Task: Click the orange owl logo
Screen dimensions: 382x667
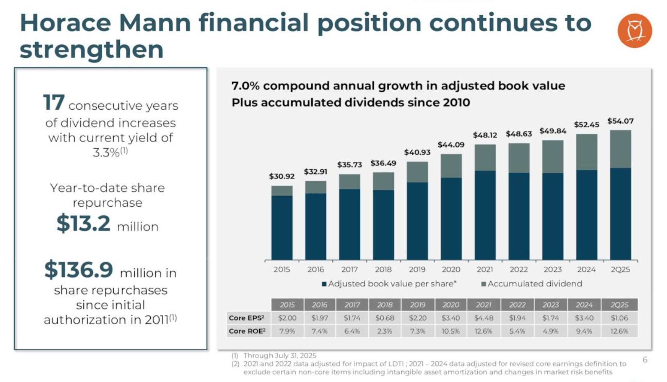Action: click(634, 31)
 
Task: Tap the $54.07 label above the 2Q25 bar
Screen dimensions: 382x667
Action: click(620, 121)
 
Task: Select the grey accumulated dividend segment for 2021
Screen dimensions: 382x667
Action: click(485, 157)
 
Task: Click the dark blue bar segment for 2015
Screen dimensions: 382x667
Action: click(282, 228)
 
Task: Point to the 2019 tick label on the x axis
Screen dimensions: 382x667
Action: click(417, 269)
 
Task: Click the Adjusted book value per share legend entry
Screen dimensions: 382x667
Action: click(389, 284)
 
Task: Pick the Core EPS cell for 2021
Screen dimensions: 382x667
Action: click(484, 318)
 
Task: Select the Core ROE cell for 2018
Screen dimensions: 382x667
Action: click(385, 331)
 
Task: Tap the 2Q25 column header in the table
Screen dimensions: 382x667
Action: click(619, 305)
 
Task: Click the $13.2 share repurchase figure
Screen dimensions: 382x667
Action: click(83, 223)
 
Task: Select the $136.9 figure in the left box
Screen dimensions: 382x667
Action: click(79, 270)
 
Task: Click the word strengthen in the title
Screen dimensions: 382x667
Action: click(91, 50)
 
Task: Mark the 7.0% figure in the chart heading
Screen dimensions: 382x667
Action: click(245, 86)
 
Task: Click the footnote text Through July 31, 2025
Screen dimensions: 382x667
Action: click(280, 355)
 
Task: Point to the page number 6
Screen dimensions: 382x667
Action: click(645, 359)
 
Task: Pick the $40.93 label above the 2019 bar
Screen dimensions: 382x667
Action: click(417, 152)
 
